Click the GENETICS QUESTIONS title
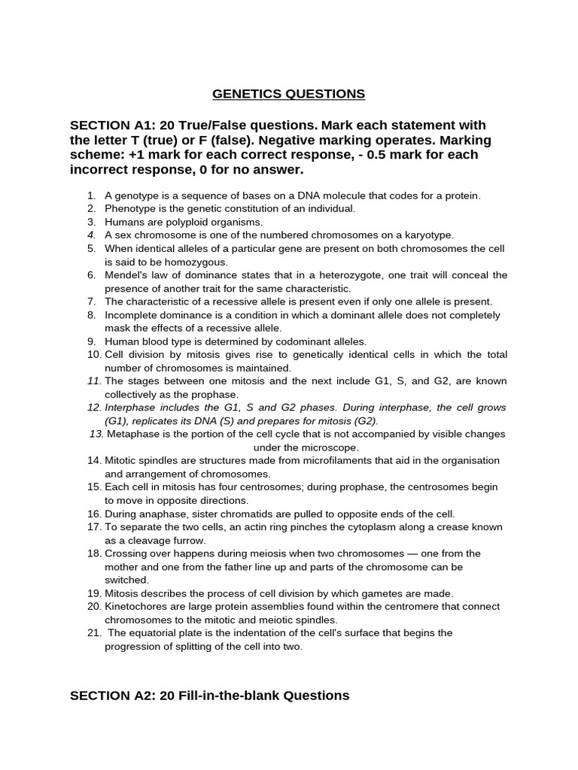[x=289, y=94]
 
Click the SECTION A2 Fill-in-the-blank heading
[x=209, y=696]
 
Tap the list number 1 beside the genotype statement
[x=91, y=196]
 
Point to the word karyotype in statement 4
[x=427, y=235]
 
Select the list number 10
[x=94, y=355]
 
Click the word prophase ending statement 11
[x=216, y=395]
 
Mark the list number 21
[x=94, y=633]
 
